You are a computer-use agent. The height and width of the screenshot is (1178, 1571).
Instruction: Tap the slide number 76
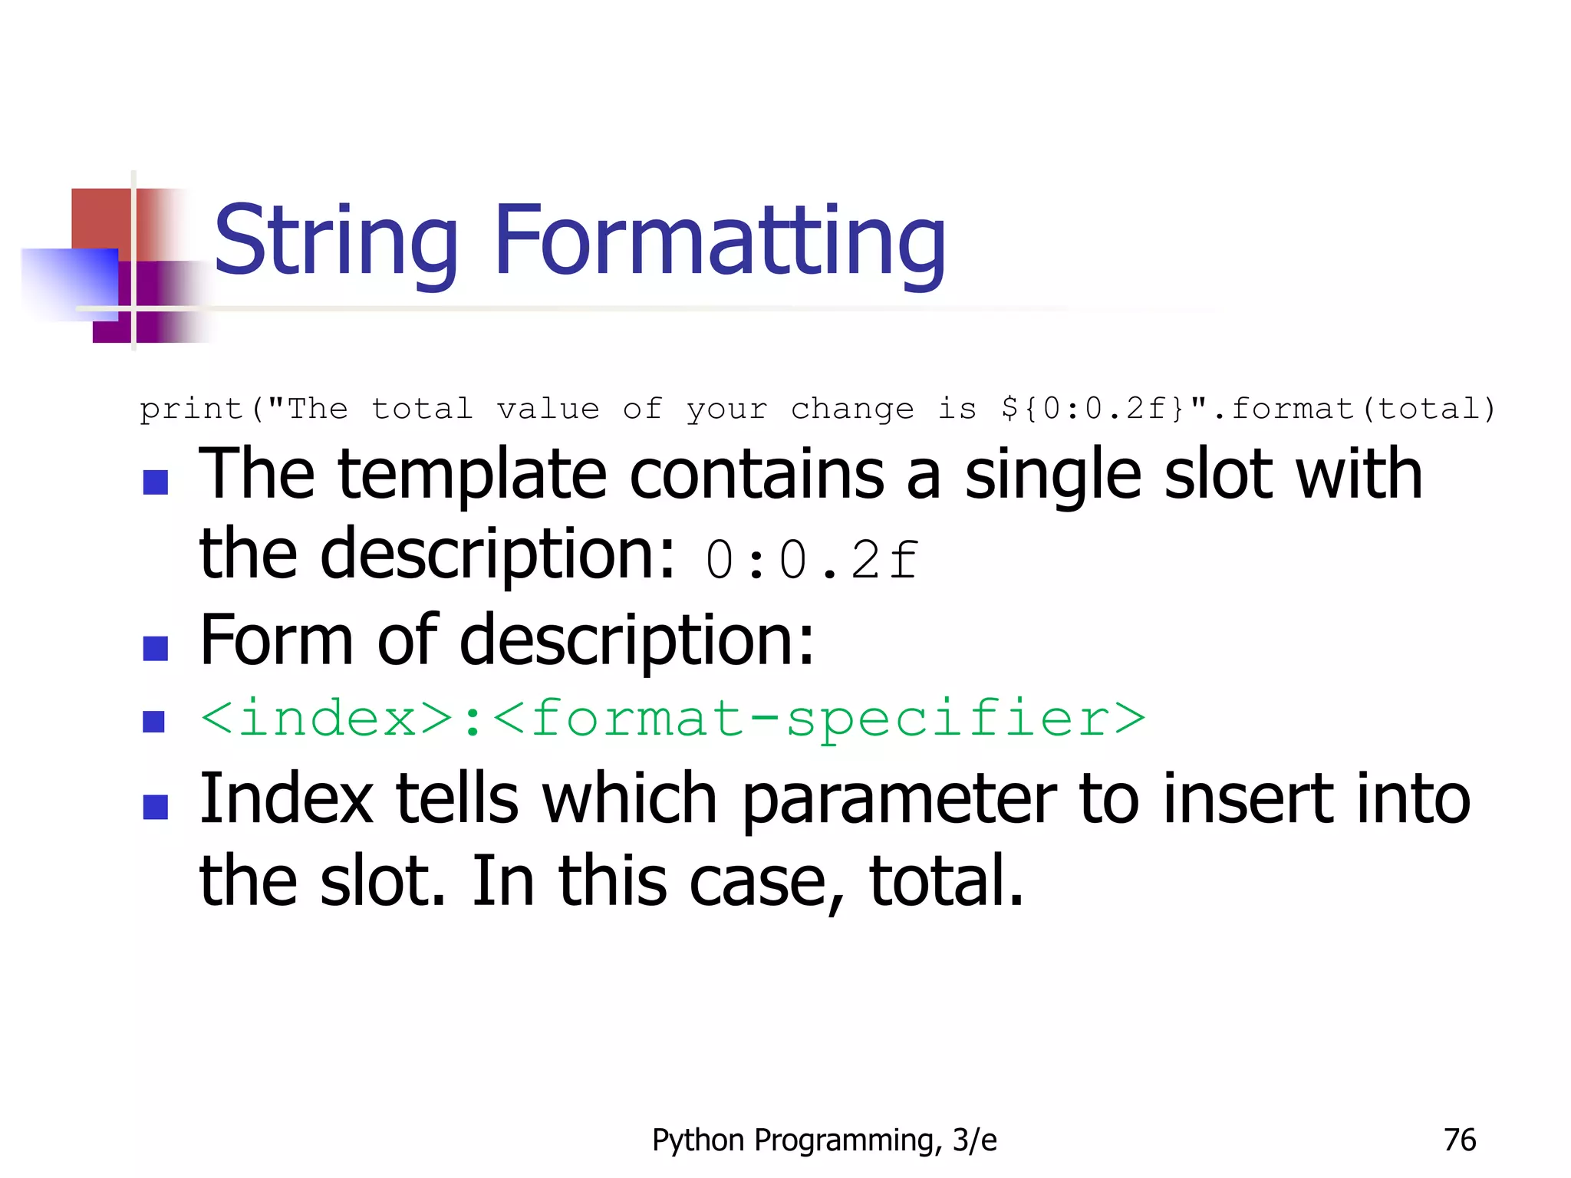[1459, 1140]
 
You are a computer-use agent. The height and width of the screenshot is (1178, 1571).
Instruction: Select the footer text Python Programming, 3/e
[824, 1140]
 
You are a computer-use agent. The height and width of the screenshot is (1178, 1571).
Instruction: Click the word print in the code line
[191, 409]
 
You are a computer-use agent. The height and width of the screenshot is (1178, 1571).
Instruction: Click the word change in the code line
[851, 409]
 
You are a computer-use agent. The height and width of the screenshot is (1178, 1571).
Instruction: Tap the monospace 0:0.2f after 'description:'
[811, 560]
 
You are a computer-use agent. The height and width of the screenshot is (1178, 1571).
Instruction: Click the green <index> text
[327, 719]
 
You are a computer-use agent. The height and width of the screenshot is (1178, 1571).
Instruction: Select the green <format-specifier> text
[818, 719]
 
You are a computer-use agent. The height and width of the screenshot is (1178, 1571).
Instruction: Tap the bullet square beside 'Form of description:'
[156, 648]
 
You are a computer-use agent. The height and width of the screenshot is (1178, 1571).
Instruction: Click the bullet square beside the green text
[154, 722]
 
